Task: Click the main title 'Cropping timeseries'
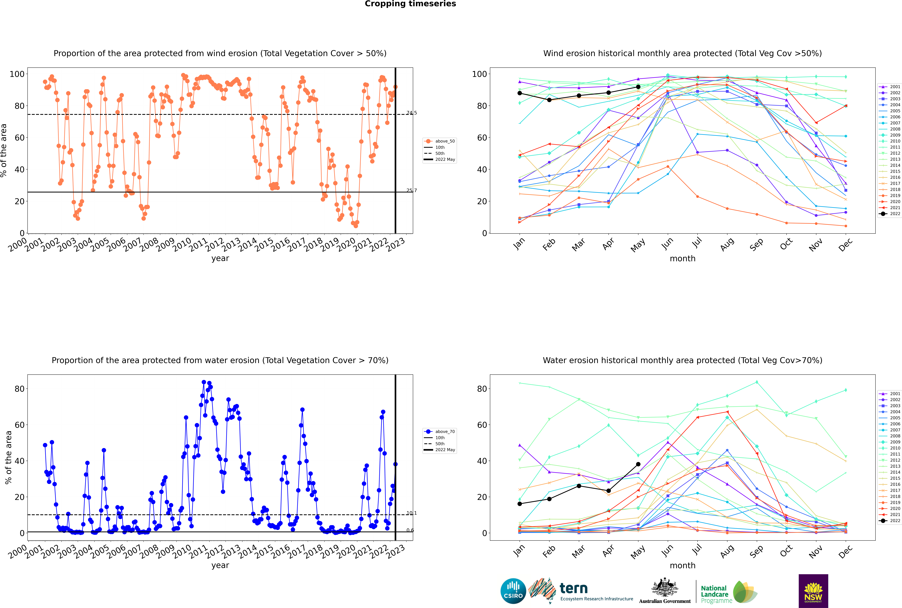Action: pos(410,4)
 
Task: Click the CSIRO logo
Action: pos(513,591)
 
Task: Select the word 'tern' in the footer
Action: pos(574,588)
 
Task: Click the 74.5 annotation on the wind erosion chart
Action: pos(411,113)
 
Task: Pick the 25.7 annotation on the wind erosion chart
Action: pos(411,190)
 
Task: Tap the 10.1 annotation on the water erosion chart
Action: pos(411,513)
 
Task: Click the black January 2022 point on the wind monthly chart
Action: pos(520,93)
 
